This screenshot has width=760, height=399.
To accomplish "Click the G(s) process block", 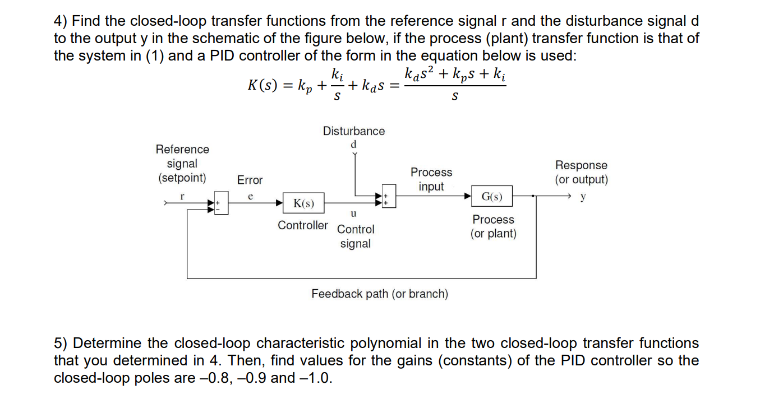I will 492,197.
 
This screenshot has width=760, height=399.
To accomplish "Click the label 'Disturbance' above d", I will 353,131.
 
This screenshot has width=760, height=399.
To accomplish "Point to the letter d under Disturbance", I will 353,145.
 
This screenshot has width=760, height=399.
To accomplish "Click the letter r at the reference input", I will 182,196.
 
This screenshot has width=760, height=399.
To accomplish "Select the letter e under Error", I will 250,196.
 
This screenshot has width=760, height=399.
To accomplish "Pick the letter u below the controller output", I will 353,214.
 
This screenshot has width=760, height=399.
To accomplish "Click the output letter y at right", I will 583,197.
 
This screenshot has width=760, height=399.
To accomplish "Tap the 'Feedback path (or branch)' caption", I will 380,294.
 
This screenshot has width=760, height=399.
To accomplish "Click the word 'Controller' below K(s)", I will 303,225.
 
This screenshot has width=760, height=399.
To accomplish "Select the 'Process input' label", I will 431,179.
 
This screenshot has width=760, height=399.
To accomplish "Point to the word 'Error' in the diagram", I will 250,180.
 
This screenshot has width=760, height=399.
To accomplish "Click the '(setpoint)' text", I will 182,178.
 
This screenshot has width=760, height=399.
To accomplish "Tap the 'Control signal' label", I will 356,236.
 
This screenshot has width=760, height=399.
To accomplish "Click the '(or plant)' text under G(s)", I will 493,234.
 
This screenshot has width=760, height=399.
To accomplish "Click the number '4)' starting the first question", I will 61,21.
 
